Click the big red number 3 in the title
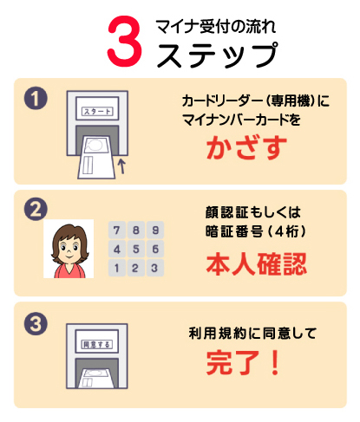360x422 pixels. pyautogui.click(x=125, y=41)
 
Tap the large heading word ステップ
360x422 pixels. pyautogui.click(x=217, y=55)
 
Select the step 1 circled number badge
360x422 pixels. pyautogui.click(x=36, y=98)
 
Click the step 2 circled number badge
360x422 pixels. pyautogui.click(x=36, y=209)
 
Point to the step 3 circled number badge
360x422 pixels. pyautogui.click(x=36, y=323)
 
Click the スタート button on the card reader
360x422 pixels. pyautogui.click(x=97, y=112)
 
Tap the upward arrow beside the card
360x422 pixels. pyautogui.click(x=122, y=166)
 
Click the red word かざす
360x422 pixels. pyautogui.click(x=246, y=147)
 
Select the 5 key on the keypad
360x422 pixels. pyautogui.click(x=136, y=249)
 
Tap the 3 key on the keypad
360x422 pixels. pyautogui.click(x=155, y=268)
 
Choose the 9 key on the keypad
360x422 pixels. pyautogui.click(x=155, y=230)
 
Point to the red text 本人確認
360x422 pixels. pyautogui.click(x=256, y=264)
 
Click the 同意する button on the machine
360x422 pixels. pyautogui.click(x=97, y=344)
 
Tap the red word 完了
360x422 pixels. pyautogui.click(x=232, y=362)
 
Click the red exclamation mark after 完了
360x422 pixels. pyautogui.click(x=275, y=362)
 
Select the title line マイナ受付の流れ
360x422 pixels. pyautogui.click(x=216, y=27)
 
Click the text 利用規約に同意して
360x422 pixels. pyautogui.click(x=252, y=334)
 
